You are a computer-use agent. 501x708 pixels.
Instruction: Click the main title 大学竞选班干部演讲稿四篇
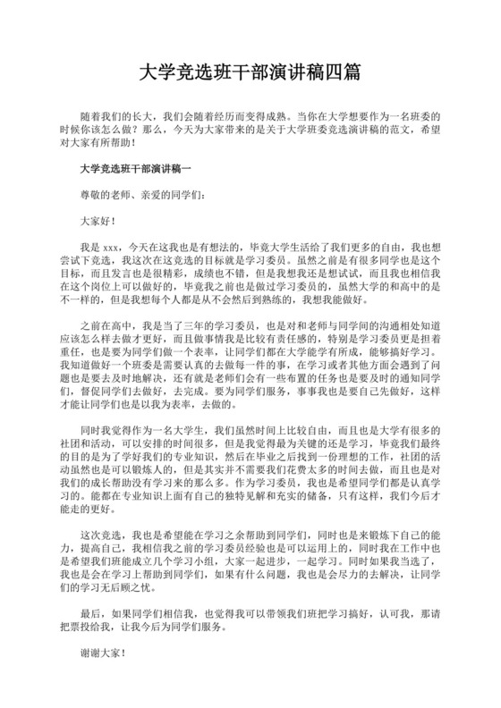[250, 70]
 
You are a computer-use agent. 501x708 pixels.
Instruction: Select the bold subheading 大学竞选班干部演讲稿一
[135, 167]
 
